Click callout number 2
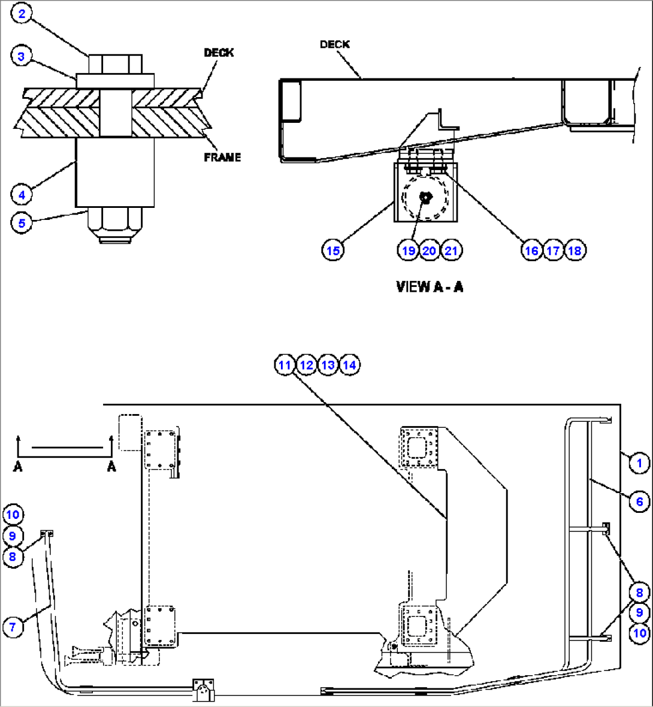tap(22, 14)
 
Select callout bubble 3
tap(21, 57)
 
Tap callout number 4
tap(21, 194)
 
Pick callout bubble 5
tap(21, 223)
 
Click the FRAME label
tap(222, 157)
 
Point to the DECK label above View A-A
tap(334, 44)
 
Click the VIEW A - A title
tap(430, 286)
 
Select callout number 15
tap(333, 250)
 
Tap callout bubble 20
tap(430, 250)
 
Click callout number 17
tap(553, 250)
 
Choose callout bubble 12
tap(306, 364)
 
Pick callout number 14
tap(349, 364)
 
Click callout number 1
tap(639, 463)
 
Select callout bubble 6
tap(639, 501)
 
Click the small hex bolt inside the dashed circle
tap(425, 197)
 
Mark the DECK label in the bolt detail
tap(219, 53)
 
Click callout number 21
tap(451, 250)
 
